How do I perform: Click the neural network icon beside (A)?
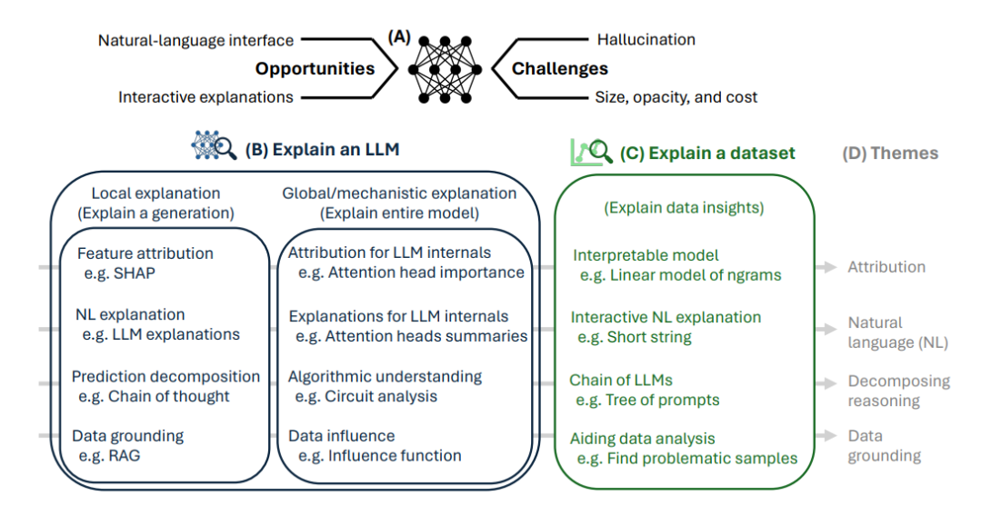click(x=445, y=69)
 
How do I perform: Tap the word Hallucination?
click(x=646, y=39)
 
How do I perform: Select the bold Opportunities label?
click(x=315, y=68)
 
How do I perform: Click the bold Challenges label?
click(x=559, y=68)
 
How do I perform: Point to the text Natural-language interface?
click(x=195, y=41)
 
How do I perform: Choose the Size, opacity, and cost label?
click(x=676, y=97)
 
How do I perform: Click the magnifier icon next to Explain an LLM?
click(x=215, y=146)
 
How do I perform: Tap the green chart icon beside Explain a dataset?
click(x=591, y=152)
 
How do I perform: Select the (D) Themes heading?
click(x=890, y=153)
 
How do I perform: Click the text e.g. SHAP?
click(x=120, y=273)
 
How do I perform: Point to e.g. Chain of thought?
click(x=154, y=396)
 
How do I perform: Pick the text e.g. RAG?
click(x=110, y=456)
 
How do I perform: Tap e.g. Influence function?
click(x=379, y=456)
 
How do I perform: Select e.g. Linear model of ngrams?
click(x=680, y=275)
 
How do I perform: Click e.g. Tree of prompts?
click(x=647, y=400)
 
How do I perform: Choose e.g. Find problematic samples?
click(x=687, y=459)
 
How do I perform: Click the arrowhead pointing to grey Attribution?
click(x=830, y=267)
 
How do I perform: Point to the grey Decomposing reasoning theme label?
click(x=898, y=391)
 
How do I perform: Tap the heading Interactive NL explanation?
click(x=666, y=317)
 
